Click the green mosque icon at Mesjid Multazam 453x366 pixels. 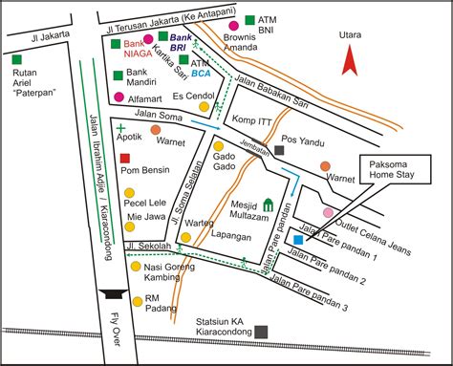269,205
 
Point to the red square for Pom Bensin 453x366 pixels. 125,158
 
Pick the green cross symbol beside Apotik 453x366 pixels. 120,126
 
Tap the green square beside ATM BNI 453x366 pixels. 249,19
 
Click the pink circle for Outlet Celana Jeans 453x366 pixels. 329,211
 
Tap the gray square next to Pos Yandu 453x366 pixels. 279,150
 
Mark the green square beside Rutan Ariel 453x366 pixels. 17,61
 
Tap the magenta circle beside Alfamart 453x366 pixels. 119,97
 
